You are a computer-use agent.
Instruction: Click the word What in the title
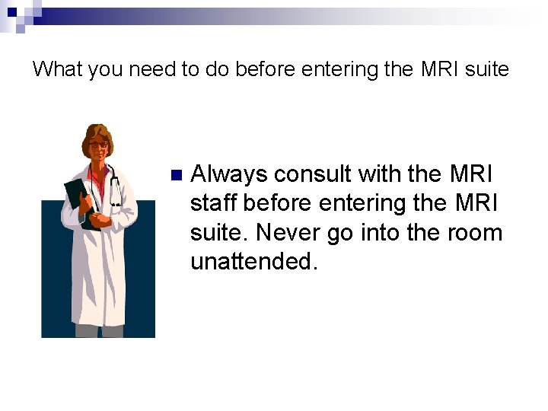[x=58, y=69]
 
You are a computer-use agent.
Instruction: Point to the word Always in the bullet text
[x=229, y=174]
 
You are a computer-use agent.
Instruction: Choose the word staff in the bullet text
[x=214, y=203]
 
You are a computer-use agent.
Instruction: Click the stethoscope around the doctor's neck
[x=113, y=186]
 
